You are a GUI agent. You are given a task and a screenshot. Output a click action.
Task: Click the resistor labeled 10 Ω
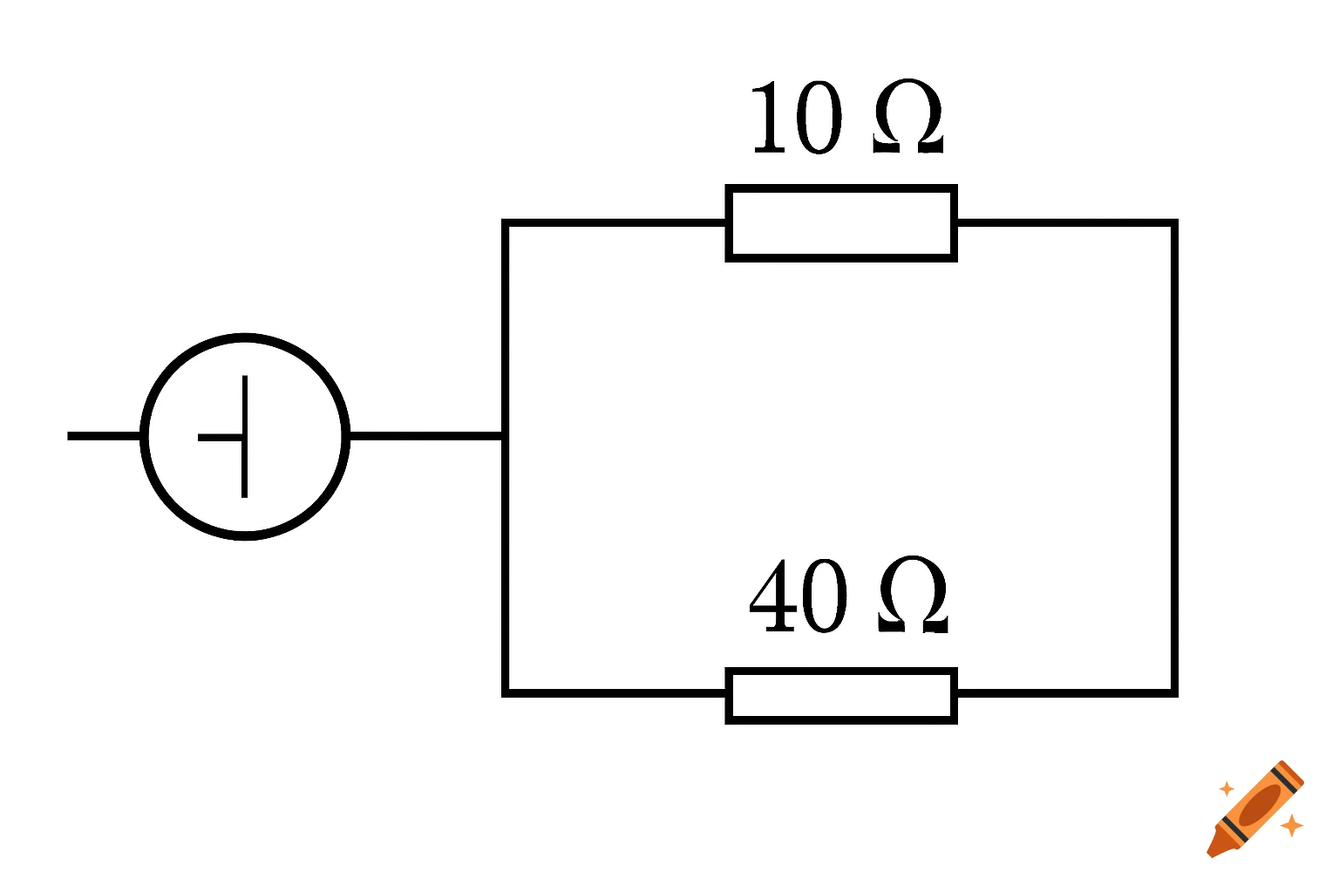pos(841,223)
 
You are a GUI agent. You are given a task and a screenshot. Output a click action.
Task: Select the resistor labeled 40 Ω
pos(841,695)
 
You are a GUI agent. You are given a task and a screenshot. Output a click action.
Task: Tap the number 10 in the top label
pos(797,119)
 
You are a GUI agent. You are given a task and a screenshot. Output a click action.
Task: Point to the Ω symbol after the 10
pos(907,119)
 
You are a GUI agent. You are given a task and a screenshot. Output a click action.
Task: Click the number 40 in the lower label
pos(798,596)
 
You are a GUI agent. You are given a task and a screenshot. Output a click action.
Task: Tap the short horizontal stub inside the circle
pos(221,437)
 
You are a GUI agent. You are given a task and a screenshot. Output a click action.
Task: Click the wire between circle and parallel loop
pos(425,436)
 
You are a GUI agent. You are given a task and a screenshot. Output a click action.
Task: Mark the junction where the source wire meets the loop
pos(505,436)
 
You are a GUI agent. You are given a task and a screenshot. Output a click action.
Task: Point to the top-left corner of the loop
pos(506,224)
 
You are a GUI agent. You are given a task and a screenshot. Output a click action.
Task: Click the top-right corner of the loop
pos(1174,224)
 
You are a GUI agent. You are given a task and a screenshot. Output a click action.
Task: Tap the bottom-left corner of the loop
pos(506,693)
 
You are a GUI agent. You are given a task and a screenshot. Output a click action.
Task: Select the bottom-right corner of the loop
pos(1174,693)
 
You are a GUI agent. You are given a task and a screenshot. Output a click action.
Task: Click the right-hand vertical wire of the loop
pos(1174,458)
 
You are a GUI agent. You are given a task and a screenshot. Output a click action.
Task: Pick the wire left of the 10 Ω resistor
pos(615,224)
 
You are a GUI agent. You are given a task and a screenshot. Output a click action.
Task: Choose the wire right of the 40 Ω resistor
pos(1065,693)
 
